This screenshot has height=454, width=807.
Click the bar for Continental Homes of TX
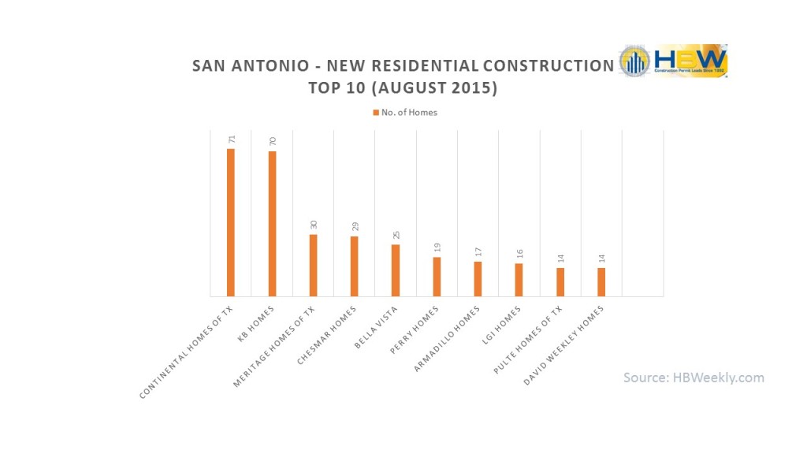231,222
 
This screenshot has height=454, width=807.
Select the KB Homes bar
272,224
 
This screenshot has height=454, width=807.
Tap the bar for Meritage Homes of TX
313,265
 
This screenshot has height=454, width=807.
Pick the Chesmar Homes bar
354,266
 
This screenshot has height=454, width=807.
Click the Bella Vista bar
396,270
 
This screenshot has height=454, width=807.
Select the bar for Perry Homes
437,277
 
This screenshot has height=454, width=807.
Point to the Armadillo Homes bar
478,279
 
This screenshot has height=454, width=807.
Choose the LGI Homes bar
519,280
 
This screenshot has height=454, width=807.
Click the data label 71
231,139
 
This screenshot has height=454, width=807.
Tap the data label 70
272,141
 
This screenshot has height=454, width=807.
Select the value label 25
396,234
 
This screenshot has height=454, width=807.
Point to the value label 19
437,247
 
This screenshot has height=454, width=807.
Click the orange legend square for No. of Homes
376,113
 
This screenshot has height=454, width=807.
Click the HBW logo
673,61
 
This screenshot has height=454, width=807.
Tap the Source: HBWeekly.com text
694,378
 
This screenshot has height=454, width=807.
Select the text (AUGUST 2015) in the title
452,88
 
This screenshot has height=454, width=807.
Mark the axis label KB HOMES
257,322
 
